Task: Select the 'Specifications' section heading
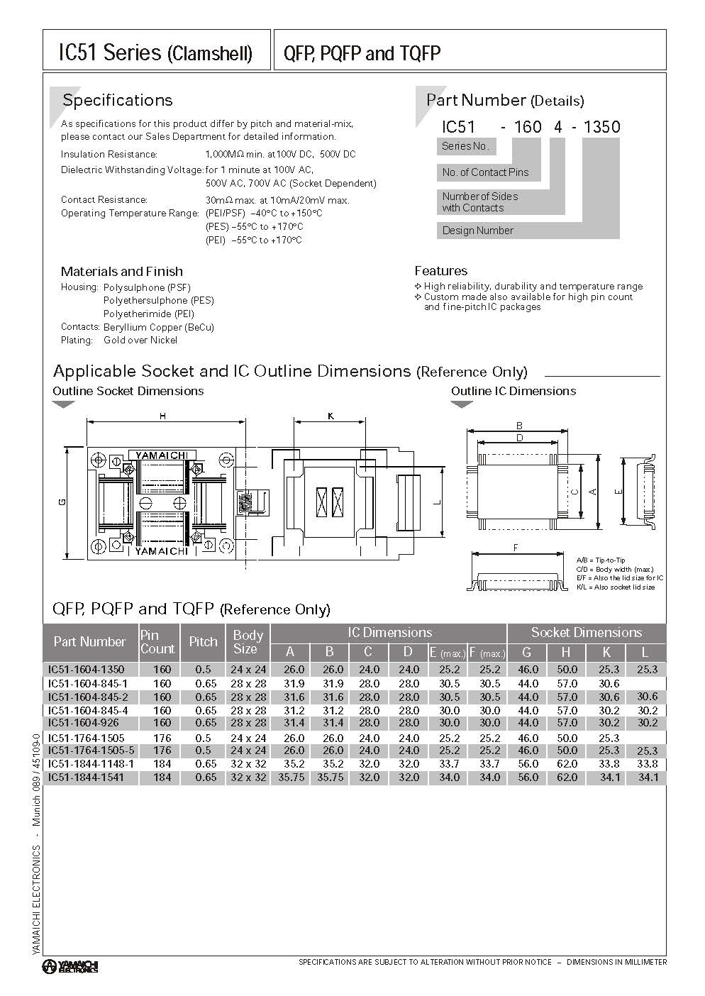point(117,100)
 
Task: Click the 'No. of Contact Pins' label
point(485,172)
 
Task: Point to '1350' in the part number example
point(601,127)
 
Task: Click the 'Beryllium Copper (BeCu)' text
point(158,327)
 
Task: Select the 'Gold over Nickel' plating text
point(140,341)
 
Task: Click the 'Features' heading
point(440,271)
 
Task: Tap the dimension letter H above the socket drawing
point(162,416)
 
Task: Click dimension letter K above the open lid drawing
point(331,416)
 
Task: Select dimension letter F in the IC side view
point(516,547)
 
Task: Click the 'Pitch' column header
point(203,641)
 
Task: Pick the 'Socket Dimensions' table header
point(586,633)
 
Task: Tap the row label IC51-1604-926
point(82,723)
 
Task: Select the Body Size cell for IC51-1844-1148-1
point(248,764)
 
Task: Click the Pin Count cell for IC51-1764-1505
point(162,738)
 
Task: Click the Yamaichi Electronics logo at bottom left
point(70,965)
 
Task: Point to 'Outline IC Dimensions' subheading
point(514,391)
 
